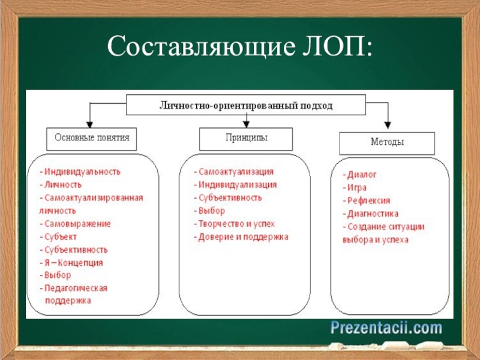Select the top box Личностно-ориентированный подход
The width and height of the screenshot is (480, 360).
pyautogui.click(x=245, y=105)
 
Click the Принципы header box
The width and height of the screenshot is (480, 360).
pyautogui.click(x=246, y=138)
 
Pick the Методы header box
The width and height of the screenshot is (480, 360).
pyautogui.click(x=386, y=143)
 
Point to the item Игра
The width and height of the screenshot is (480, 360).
pyautogui.click(x=358, y=187)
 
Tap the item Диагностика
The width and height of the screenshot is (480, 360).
pyautogui.click(x=373, y=214)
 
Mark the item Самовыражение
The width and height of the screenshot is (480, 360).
pyautogui.click(x=77, y=224)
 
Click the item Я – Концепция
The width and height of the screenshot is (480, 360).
pyautogui.click(x=73, y=263)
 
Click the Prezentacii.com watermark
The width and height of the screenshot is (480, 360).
pyautogui.click(x=385, y=328)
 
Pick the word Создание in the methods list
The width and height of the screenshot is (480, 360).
pyautogui.click(x=368, y=227)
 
